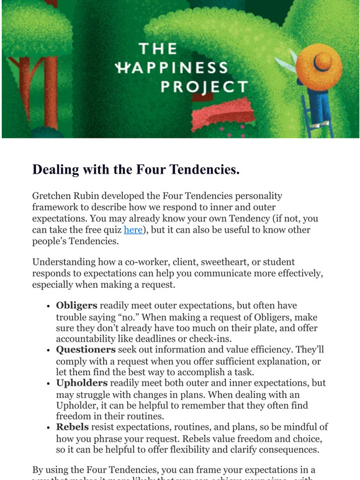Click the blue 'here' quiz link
pyautogui.click(x=133, y=229)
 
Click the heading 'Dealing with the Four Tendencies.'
pyautogui.click(x=135, y=169)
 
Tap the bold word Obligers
pyautogui.click(x=76, y=306)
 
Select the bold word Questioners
pyautogui.click(x=86, y=349)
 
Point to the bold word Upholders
pyautogui.click(x=81, y=383)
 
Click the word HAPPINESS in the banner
pyautogui.click(x=172, y=68)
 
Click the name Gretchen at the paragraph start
pyautogui.click(x=53, y=195)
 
